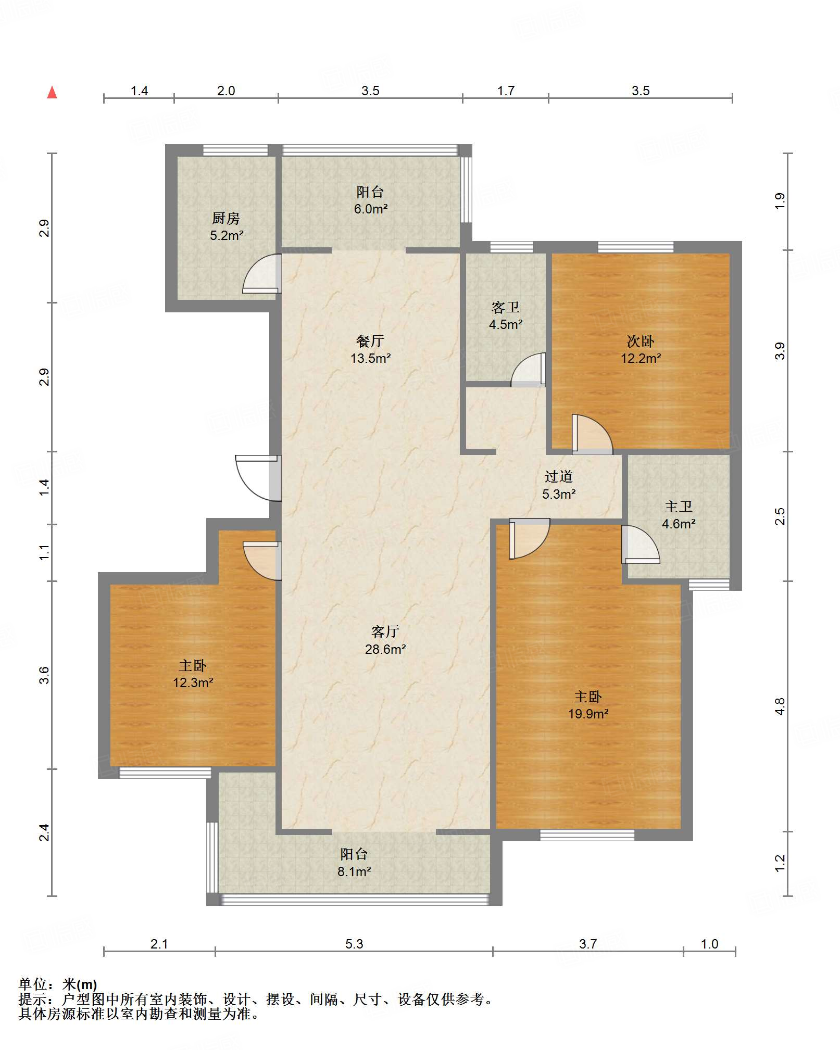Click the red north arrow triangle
click(x=52, y=93)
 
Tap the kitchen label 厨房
click(x=226, y=219)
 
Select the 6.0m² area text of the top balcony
click(x=371, y=209)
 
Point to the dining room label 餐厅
click(x=370, y=341)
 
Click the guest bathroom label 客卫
click(x=506, y=308)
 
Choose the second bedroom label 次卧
click(x=641, y=341)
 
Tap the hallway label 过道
click(x=559, y=476)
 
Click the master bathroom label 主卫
click(x=679, y=507)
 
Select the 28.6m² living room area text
click(x=385, y=649)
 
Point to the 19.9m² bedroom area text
click(x=588, y=714)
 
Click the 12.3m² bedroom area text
click(x=193, y=682)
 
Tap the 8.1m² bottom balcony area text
click(x=354, y=871)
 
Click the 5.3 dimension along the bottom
click(x=354, y=944)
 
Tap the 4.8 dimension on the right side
click(x=780, y=706)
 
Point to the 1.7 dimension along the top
click(x=506, y=91)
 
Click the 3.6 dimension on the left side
click(x=44, y=675)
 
